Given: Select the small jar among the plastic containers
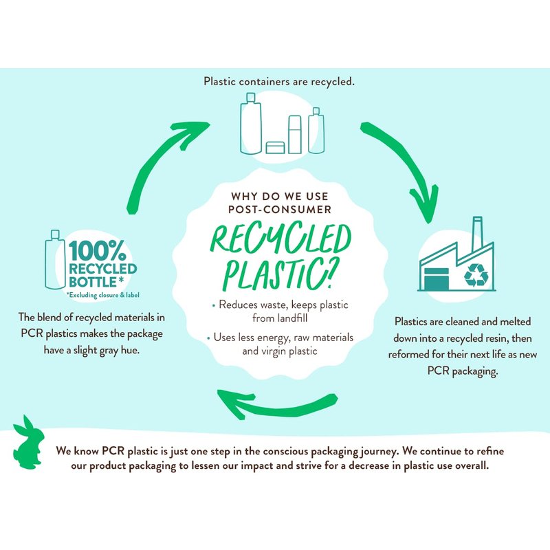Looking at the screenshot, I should (275, 147).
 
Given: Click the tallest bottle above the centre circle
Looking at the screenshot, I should (251, 124).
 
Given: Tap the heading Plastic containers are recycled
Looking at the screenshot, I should (279, 82).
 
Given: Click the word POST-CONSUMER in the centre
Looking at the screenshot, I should (279, 209).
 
